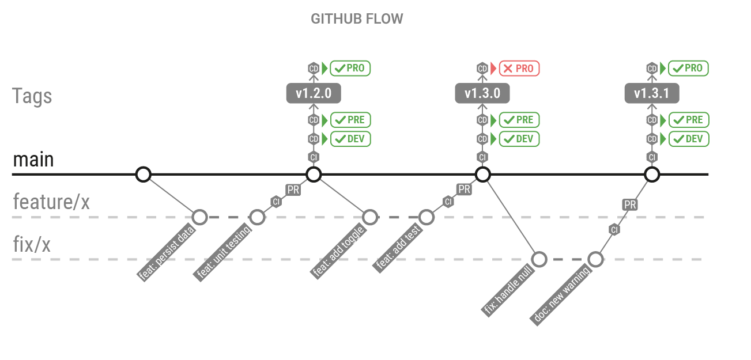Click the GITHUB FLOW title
pyautogui.click(x=357, y=18)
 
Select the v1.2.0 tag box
pyautogui.click(x=313, y=93)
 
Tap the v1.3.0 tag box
pyautogui.click(x=482, y=93)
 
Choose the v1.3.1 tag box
pyautogui.click(x=652, y=93)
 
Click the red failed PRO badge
pyautogui.click(x=519, y=69)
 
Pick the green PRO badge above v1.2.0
pyautogui.click(x=350, y=69)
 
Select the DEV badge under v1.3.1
pyautogui.click(x=689, y=139)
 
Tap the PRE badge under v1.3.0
pyautogui.click(x=519, y=120)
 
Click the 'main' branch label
pyautogui.click(x=33, y=160)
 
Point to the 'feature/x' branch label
pyautogui.click(x=51, y=202)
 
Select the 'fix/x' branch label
pyautogui.click(x=32, y=245)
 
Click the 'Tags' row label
pyautogui.click(x=32, y=96)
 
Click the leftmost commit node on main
pyautogui.click(x=143, y=174)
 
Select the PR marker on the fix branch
pyautogui.click(x=630, y=204)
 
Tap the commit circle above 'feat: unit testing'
pyautogui.click(x=257, y=217)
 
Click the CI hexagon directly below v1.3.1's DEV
pyautogui.click(x=652, y=157)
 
